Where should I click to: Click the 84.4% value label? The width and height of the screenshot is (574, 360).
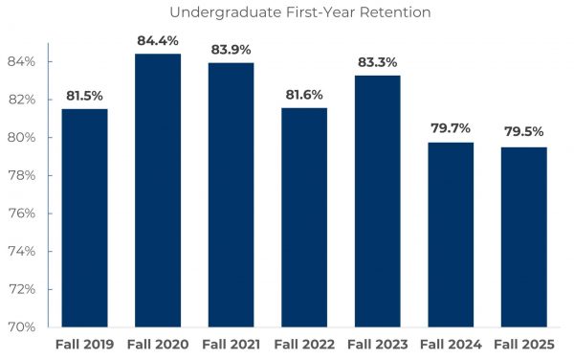click(157, 40)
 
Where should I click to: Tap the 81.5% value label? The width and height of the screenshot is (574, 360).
click(84, 96)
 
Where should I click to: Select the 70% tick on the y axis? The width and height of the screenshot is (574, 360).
click(22, 326)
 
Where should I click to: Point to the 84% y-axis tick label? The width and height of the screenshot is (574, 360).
click(22, 61)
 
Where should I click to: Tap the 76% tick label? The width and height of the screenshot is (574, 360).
click(22, 213)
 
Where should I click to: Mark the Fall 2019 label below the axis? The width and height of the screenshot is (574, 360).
click(84, 344)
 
